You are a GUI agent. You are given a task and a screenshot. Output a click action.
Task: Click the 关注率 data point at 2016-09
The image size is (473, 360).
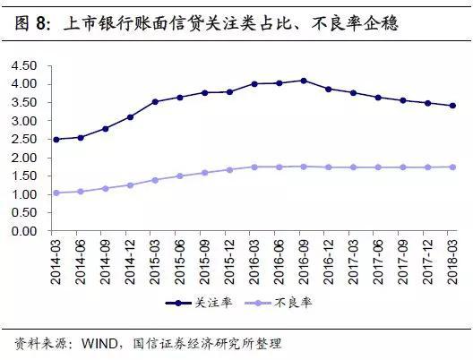(x=304, y=81)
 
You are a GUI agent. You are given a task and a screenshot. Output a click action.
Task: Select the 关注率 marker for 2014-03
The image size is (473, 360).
(x=57, y=139)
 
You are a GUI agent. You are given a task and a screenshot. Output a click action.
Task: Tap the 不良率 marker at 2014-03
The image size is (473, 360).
(x=57, y=193)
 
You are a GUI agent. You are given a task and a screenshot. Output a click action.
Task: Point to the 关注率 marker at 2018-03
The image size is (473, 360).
(x=451, y=106)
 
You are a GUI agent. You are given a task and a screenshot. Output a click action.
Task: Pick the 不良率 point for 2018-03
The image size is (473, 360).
(x=451, y=167)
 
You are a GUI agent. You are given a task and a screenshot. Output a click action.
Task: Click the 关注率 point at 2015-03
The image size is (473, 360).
(x=155, y=102)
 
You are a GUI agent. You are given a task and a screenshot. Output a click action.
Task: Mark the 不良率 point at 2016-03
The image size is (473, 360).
(x=254, y=167)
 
